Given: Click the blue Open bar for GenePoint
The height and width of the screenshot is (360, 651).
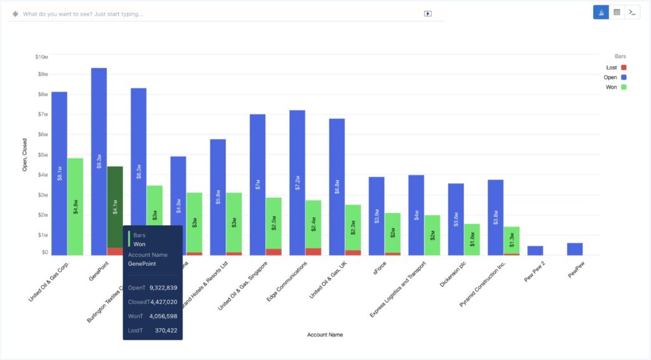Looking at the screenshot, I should tap(99, 159).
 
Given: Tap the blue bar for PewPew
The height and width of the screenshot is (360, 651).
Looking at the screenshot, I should tap(575, 249).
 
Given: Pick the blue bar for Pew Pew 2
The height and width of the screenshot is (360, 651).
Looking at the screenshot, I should tap(535, 251).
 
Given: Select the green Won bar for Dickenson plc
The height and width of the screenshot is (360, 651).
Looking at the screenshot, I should tap(472, 239).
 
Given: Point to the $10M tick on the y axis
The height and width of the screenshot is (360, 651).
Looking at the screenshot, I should tap(41, 57).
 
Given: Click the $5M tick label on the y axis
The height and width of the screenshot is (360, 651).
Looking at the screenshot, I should tap(42, 155).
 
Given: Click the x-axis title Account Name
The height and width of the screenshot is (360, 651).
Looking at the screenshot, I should tap(325, 335).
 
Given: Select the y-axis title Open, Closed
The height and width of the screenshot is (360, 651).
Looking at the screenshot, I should tap(25, 156).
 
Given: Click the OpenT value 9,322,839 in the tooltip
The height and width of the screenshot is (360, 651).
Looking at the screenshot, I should tap(163, 287).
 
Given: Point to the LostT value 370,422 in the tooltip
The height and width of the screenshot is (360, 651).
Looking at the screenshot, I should tap(166, 330).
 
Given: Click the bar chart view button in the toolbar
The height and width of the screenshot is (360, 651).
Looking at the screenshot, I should tap(601, 12).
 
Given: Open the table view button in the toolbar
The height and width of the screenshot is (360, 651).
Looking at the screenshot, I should tap(617, 12).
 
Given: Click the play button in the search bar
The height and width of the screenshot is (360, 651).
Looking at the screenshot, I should tap(428, 13).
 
